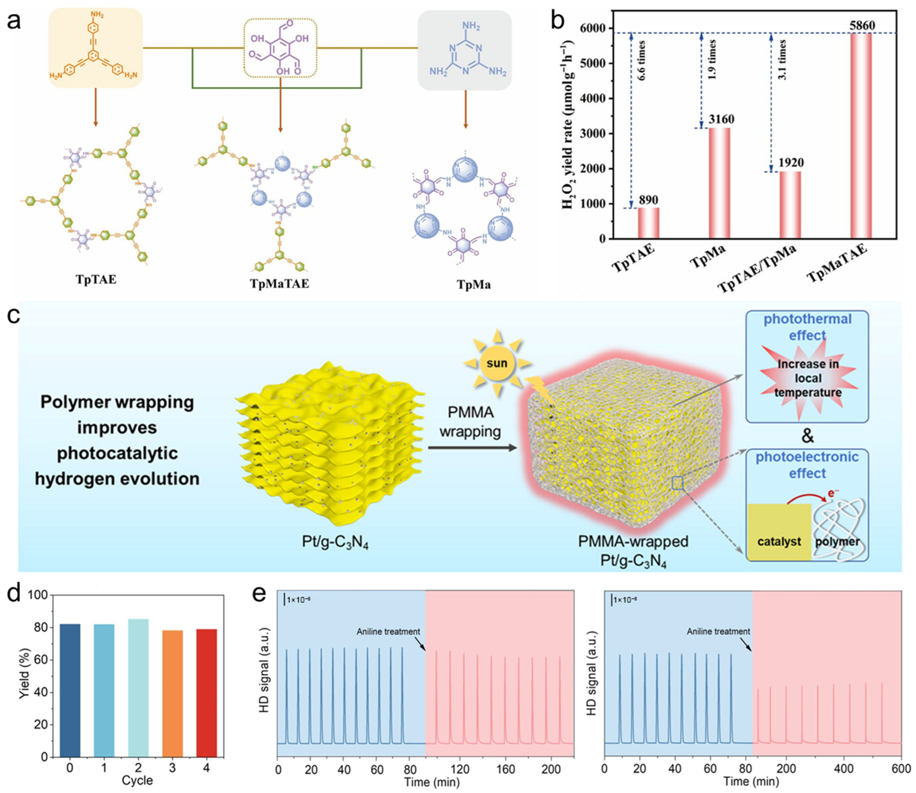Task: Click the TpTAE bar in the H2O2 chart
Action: (648, 223)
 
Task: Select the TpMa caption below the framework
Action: (474, 284)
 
